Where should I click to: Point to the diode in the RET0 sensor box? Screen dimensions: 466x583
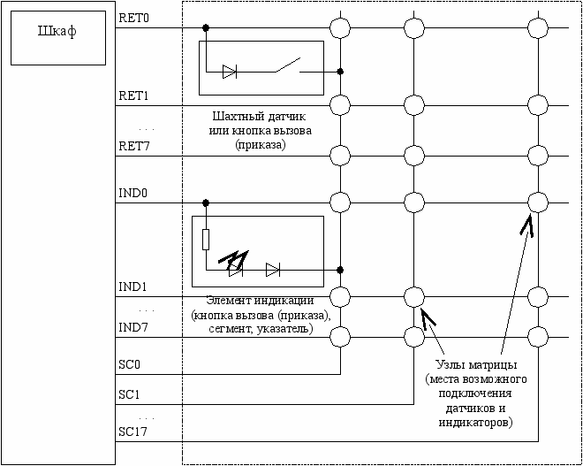click(230, 72)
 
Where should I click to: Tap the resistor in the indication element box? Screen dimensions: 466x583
click(205, 240)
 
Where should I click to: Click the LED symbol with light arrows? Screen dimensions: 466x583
click(236, 268)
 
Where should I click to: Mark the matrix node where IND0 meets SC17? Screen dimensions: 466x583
click(534, 202)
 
